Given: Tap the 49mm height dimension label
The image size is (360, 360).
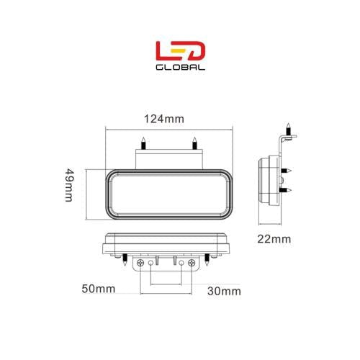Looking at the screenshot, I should click(x=69, y=185).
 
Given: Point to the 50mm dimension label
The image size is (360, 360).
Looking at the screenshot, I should click(x=99, y=289).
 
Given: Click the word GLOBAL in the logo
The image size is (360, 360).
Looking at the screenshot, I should click(x=181, y=68).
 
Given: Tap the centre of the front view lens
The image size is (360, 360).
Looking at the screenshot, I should click(x=168, y=193).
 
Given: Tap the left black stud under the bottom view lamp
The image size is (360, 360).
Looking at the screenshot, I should click(x=125, y=258).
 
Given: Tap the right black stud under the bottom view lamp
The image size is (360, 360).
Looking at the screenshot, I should click(x=211, y=258).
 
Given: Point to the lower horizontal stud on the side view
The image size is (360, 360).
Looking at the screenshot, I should click(x=289, y=190).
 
